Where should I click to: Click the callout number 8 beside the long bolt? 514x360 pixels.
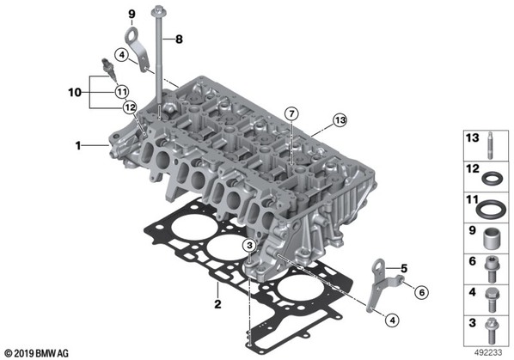[x=179, y=40]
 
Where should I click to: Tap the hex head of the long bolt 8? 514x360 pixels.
[x=159, y=12]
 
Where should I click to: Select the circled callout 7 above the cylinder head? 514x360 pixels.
[x=291, y=114]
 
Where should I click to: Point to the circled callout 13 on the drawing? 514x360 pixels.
[x=340, y=120]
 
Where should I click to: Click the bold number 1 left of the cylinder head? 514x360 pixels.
[x=78, y=145]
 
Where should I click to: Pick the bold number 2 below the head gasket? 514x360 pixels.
[x=217, y=304]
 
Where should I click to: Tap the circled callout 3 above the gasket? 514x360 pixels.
[x=249, y=245]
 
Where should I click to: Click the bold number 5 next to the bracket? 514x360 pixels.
[x=404, y=269]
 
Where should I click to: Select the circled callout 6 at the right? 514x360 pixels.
[x=421, y=292]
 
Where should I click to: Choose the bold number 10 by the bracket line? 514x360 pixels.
[x=75, y=93]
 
